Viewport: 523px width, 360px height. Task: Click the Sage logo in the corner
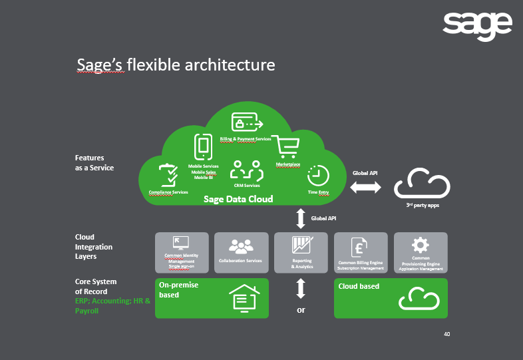[x=477, y=27]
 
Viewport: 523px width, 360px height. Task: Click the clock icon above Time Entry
[x=319, y=176]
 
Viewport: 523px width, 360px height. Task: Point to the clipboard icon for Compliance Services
[x=168, y=176]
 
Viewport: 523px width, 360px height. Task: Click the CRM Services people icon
[x=246, y=170]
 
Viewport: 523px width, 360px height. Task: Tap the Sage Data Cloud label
[x=238, y=199]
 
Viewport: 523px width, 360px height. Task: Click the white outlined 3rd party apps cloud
[x=422, y=184]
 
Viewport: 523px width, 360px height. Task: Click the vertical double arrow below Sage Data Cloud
[x=300, y=218]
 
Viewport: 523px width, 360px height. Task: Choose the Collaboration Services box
[x=241, y=252]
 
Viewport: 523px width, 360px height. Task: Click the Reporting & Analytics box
[x=301, y=252]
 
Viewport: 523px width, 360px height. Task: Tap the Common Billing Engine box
[x=361, y=252]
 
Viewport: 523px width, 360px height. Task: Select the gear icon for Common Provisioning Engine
[x=420, y=244]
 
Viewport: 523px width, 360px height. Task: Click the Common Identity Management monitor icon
[x=181, y=243]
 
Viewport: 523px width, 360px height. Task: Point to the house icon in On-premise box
[x=245, y=298]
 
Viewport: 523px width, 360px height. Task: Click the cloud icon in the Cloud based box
[x=419, y=299]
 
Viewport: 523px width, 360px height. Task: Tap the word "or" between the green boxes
[x=301, y=310]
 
